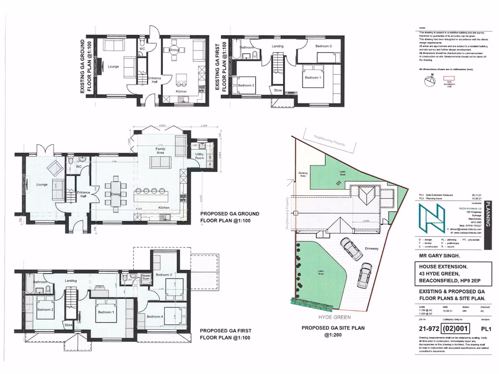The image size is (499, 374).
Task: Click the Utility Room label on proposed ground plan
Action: pos(199,156)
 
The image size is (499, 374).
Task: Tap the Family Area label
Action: pos(160,150)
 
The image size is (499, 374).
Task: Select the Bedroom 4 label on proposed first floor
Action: pos(155,317)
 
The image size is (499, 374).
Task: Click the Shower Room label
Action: pos(146,277)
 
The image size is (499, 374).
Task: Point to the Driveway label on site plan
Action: pos(371,249)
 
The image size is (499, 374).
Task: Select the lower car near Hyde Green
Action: pos(364,275)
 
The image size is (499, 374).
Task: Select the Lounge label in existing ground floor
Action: pos(113,66)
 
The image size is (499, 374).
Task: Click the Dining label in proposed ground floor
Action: pos(115,194)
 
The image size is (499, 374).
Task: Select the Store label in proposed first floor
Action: pos(68,325)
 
